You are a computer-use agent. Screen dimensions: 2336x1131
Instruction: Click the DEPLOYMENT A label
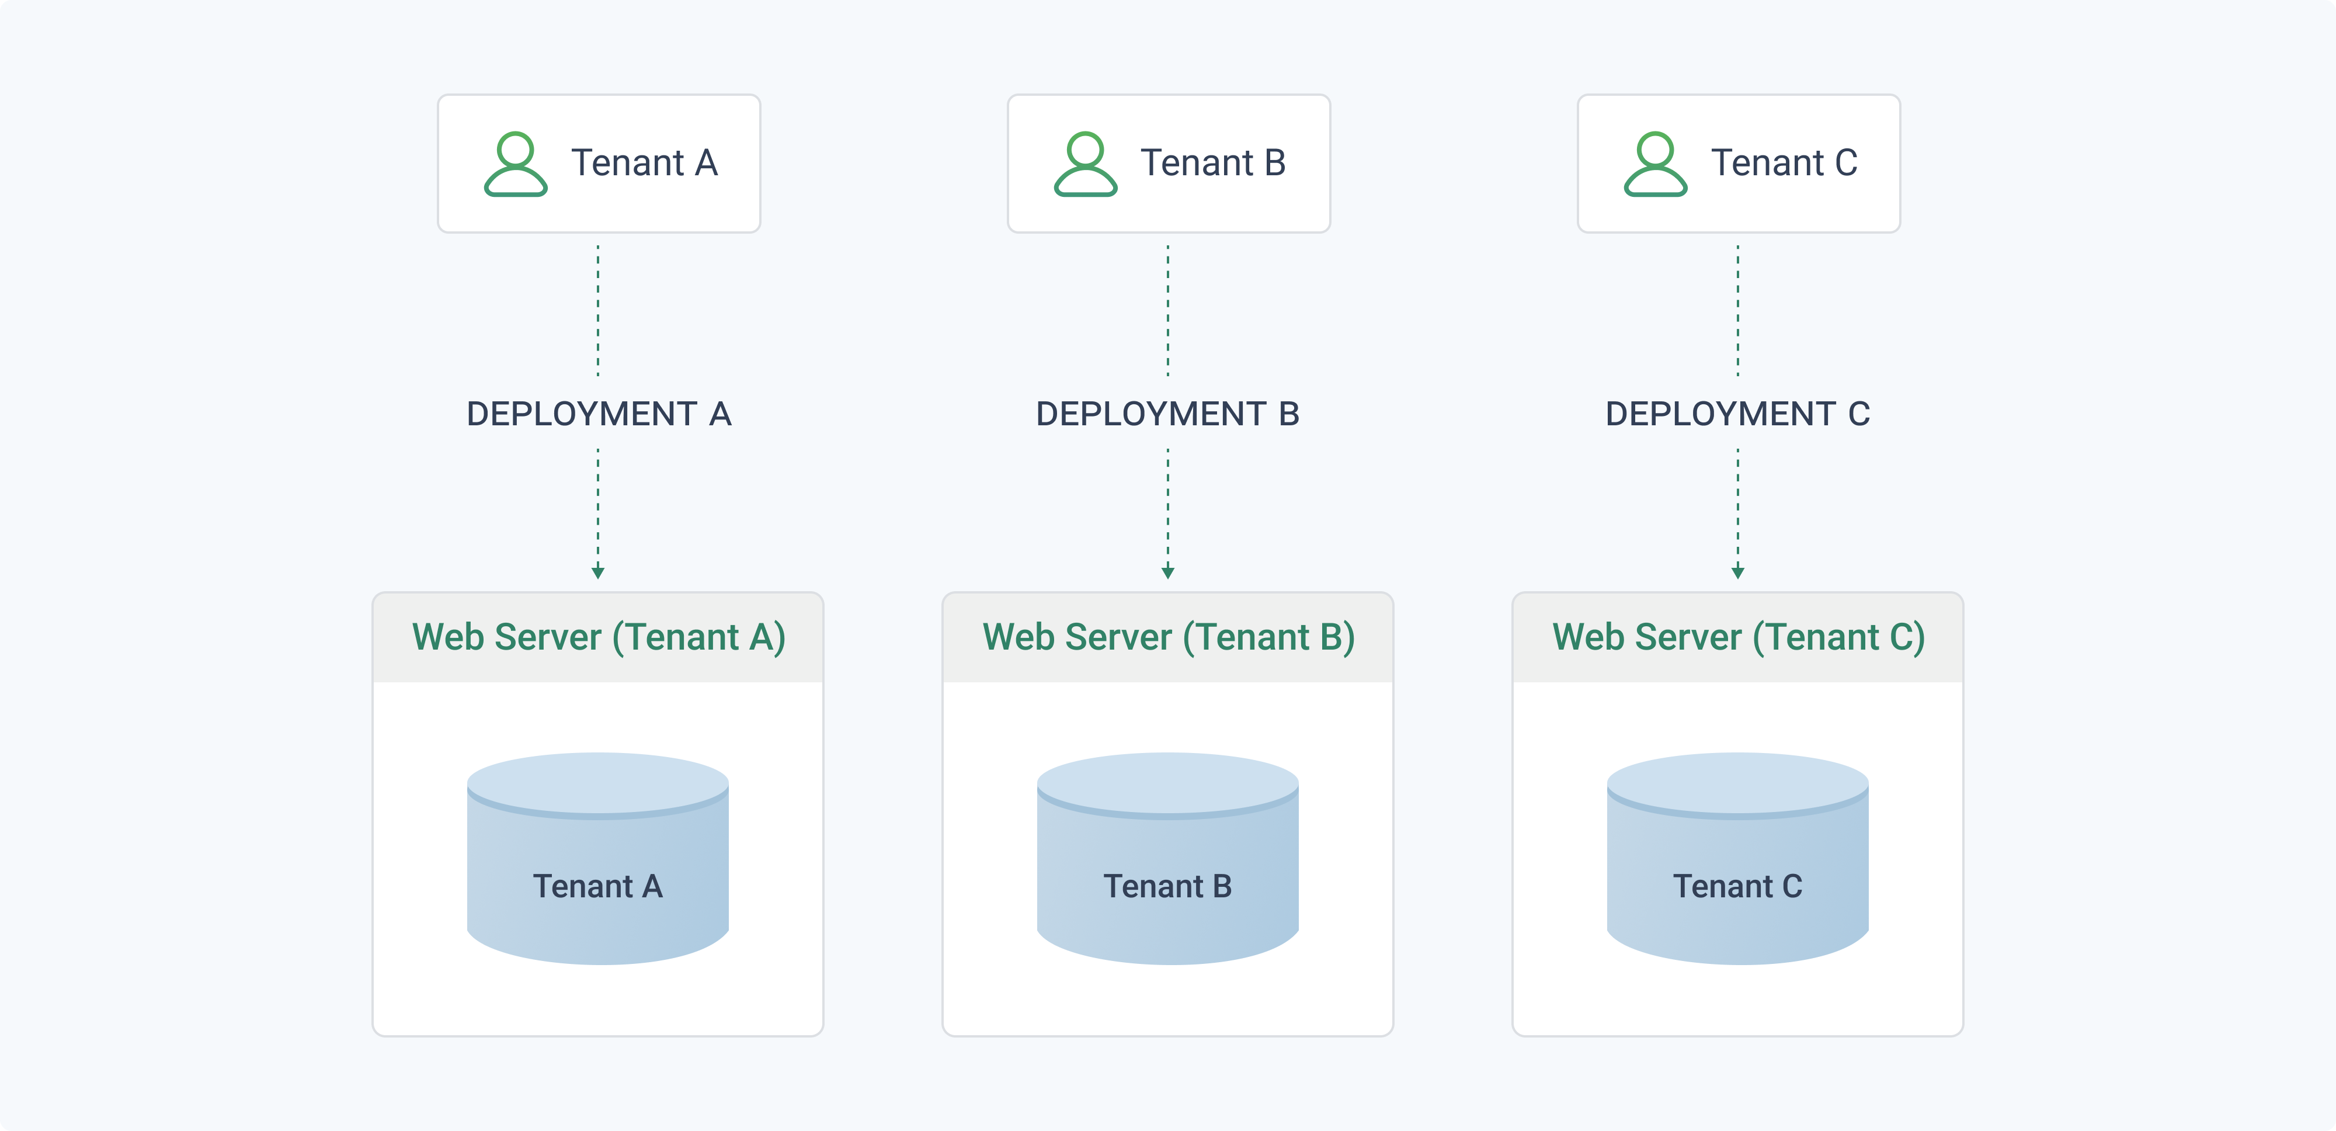coord(599,414)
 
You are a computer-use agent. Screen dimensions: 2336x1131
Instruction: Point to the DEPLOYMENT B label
coord(1168,414)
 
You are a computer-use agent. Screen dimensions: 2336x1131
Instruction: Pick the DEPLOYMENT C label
coord(1737,414)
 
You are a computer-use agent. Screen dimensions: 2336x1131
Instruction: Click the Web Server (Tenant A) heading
coord(599,637)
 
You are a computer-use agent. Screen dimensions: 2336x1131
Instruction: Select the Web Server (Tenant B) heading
coord(1168,637)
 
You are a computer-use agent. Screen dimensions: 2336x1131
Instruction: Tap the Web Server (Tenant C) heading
coord(1739,637)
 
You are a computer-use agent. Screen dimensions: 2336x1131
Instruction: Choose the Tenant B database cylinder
coord(1168,858)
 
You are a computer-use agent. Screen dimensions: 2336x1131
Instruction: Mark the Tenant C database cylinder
coord(1737,858)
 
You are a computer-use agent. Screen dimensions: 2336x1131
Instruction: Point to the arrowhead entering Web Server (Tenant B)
coord(1168,573)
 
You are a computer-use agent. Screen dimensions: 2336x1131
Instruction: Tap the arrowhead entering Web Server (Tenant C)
coord(1737,573)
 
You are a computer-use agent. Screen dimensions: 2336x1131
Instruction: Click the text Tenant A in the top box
coord(644,163)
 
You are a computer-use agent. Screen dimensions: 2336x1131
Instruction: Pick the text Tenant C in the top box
coord(1784,163)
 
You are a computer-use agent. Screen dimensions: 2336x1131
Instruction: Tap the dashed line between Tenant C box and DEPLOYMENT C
coord(1737,310)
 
